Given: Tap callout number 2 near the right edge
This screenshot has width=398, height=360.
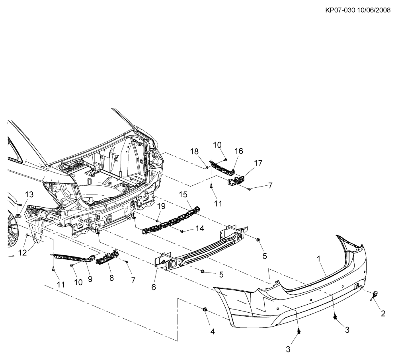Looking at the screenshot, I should [x=383, y=313].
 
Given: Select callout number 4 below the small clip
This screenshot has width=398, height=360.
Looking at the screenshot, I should [x=213, y=331].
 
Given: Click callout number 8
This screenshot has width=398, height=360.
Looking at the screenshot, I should [x=111, y=278].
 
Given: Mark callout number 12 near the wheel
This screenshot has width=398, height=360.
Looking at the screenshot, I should [x=23, y=252].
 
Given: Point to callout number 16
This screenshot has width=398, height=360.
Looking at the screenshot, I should [x=238, y=151].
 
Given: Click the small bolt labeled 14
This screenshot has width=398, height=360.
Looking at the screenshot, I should [x=182, y=231].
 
